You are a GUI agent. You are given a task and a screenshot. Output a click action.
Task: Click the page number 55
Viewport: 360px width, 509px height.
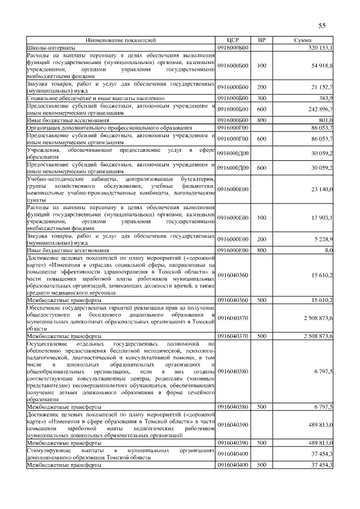click(x=322, y=26)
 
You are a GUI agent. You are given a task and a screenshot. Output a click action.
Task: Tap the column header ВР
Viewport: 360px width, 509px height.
click(x=262, y=40)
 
